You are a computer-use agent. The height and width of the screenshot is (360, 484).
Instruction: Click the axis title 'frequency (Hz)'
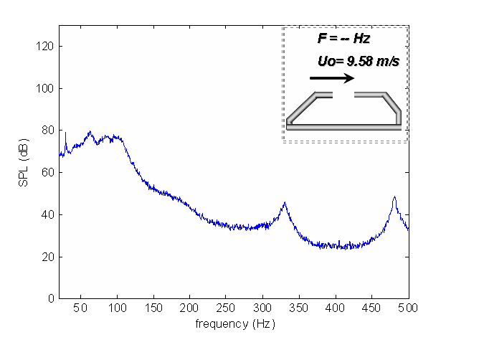point(234,323)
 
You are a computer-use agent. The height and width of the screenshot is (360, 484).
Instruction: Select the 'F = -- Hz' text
point(343,37)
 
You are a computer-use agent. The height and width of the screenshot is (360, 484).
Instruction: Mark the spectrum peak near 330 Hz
point(285,203)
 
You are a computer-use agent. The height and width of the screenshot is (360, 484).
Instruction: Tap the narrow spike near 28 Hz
point(65,133)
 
